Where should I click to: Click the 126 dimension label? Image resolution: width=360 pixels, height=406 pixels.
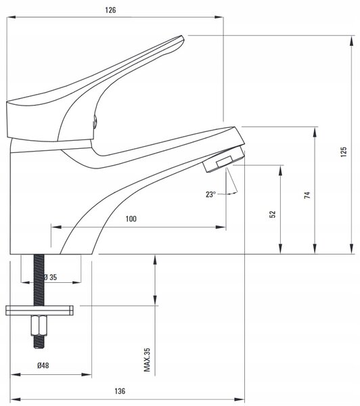[110, 10]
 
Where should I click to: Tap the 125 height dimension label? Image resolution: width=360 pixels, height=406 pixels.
[344, 152]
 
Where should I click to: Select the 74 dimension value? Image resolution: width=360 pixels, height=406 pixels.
[307, 195]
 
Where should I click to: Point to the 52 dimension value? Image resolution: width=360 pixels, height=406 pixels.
[273, 214]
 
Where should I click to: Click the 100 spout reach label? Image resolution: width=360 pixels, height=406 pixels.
[131, 219]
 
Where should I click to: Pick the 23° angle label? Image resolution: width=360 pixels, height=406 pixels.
[210, 194]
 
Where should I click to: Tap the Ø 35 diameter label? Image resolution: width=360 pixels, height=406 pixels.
[50, 277]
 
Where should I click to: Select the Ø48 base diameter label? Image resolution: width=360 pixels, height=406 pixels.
[43, 365]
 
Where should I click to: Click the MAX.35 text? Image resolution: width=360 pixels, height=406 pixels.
[147, 360]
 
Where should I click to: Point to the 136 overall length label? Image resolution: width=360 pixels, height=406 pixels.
[120, 391]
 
